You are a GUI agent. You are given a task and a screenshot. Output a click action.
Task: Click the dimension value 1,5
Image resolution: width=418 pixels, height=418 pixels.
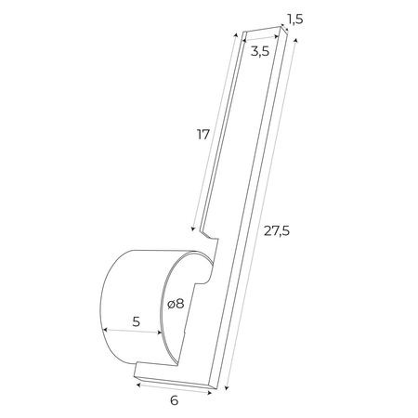tap(294, 19)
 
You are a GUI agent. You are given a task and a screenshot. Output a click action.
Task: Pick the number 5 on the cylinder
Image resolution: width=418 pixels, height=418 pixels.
tap(136, 322)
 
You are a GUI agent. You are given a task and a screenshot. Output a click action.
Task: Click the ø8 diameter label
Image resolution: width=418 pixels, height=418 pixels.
tap(176, 304)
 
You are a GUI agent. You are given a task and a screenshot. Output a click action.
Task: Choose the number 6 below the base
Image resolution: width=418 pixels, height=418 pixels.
tap(174, 401)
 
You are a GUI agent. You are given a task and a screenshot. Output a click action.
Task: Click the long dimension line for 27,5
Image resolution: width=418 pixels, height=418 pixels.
tap(260, 214)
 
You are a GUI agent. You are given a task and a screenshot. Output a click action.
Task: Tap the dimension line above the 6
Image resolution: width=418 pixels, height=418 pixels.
tap(174, 386)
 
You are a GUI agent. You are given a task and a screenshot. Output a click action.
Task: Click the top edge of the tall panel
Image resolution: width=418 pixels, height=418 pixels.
tap(255, 31)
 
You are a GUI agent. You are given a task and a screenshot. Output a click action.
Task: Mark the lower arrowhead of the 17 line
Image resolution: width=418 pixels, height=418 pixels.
tap(194, 229)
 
